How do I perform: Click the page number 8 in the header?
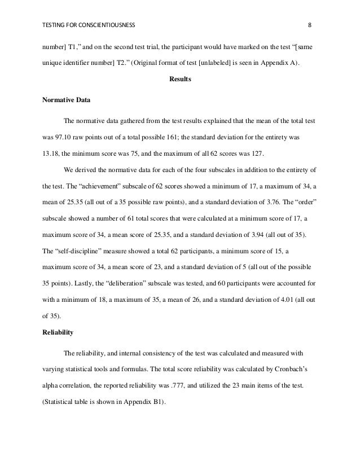click(x=309, y=25)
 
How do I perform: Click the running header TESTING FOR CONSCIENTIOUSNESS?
click(x=89, y=25)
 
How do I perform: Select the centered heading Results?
click(x=180, y=80)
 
